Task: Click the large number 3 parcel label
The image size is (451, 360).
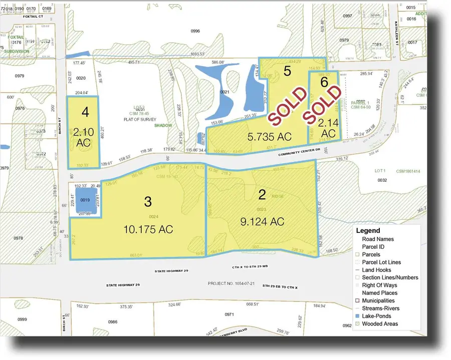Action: (x=148, y=201)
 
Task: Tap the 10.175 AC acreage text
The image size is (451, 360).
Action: (x=148, y=229)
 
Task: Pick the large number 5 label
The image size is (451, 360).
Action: (x=287, y=71)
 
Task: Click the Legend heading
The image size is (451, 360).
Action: (x=368, y=231)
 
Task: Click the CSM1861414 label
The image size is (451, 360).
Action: (x=410, y=171)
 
